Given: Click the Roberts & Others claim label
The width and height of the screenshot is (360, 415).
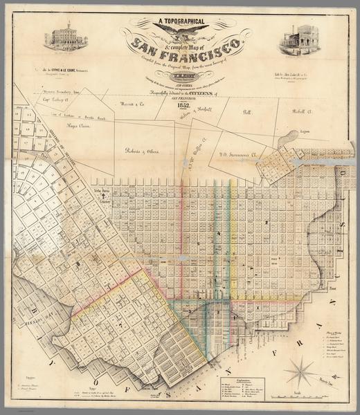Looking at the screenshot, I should (141, 150).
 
